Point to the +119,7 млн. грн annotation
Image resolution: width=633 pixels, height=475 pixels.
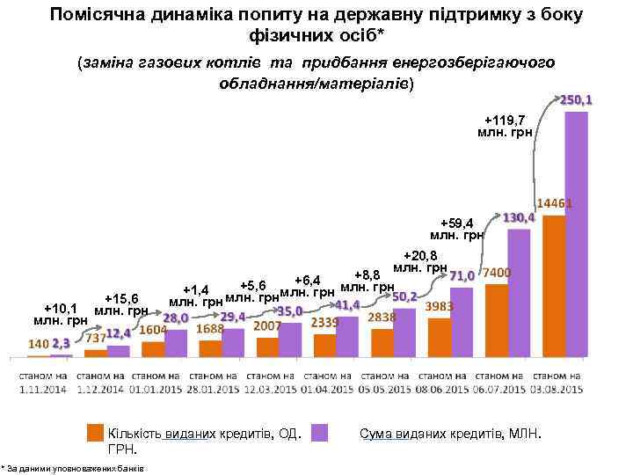(505, 126)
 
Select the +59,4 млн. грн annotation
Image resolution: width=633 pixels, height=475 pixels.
(457, 229)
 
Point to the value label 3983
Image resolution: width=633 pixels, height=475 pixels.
(439, 306)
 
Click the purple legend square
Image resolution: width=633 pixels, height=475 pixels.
(321, 433)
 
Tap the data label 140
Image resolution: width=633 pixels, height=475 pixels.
(39, 343)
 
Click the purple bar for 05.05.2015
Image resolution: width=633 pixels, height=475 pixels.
(404, 332)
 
